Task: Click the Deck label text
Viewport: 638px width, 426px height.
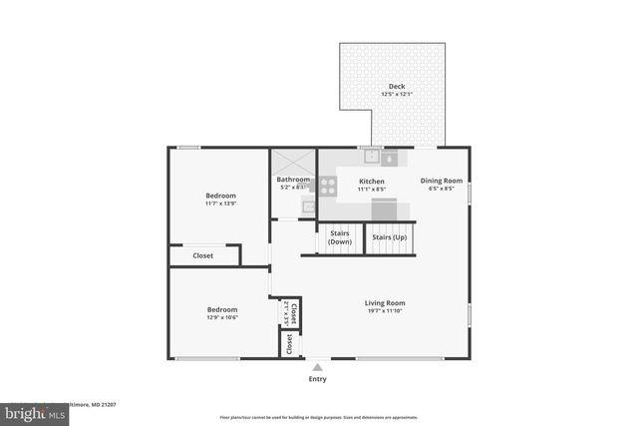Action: coord(397,86)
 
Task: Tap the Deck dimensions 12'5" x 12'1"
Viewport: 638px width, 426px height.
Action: coord(397,95)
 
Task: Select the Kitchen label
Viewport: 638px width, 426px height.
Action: coord(371,182)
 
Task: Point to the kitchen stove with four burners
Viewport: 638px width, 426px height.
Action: coord(328,184)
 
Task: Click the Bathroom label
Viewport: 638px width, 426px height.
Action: coord(293,180)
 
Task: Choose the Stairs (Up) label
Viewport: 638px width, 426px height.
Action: coord(388,237)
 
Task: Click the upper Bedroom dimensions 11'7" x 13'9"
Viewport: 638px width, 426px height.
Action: coord(220,204)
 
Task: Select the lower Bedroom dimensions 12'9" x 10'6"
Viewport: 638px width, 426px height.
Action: coord(221,318)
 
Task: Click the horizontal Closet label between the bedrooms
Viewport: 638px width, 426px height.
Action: coord(202,255)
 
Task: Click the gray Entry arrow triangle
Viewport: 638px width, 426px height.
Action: coord(317,367)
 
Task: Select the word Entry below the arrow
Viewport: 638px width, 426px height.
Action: coord(317,379)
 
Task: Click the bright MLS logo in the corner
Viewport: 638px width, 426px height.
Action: coord(30,411)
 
